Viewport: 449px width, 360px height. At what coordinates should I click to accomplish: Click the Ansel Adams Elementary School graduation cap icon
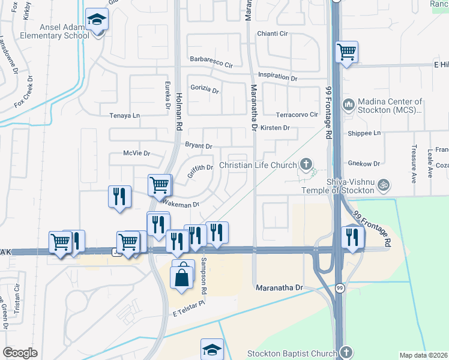pyautogui.click(x=96, y=19)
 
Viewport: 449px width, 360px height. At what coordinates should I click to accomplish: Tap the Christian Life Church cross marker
pyautogui.click(x=306, y=164)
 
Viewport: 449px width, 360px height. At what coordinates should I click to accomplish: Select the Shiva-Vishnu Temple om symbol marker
pyautogui.click(x=385, y=185)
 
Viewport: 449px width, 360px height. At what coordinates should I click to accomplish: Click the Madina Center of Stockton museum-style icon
pyautogui.click(x=348, y=106)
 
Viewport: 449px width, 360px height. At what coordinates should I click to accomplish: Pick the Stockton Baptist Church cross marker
pyautogui.click(x=346, y=353)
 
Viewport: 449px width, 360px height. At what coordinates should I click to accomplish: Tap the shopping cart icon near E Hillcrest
pyautogui.click(x=346, y=52)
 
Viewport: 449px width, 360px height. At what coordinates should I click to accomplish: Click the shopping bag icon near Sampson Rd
pyautogui.click(x=182, y=278)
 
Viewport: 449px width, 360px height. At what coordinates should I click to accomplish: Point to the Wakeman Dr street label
pyautogui.click(x=181, y=205)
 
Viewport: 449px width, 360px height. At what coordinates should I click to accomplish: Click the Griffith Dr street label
pyautogui.click(x=200, y=168)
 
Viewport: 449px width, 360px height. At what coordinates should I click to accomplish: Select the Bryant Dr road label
pyautogui.click(x=199, y=146)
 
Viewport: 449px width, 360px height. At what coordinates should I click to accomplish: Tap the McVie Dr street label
pyautogui.click(x=136, y=154)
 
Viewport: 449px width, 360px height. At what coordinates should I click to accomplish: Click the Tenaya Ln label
pyautogui.click(x=124, y=115)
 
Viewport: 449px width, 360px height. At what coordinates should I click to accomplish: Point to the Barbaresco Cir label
pyautogui.click(x=211, y=61)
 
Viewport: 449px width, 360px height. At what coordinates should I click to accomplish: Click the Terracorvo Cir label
pyautogui.click(x=297, y=115)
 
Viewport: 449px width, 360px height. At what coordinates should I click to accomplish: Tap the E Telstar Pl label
pyautogui.click(x=189, y=314)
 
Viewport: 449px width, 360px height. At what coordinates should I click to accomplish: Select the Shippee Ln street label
pyautogui.click(x=365, y=133)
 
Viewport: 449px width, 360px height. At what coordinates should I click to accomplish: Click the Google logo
pyautogui.click(x=20, y=353)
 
